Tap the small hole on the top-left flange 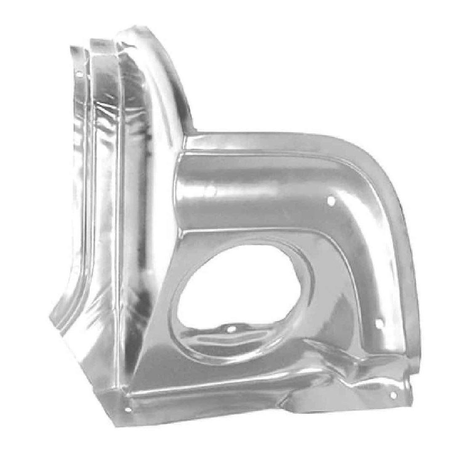tap(79, 75)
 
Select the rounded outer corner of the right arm tap(379, 168)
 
